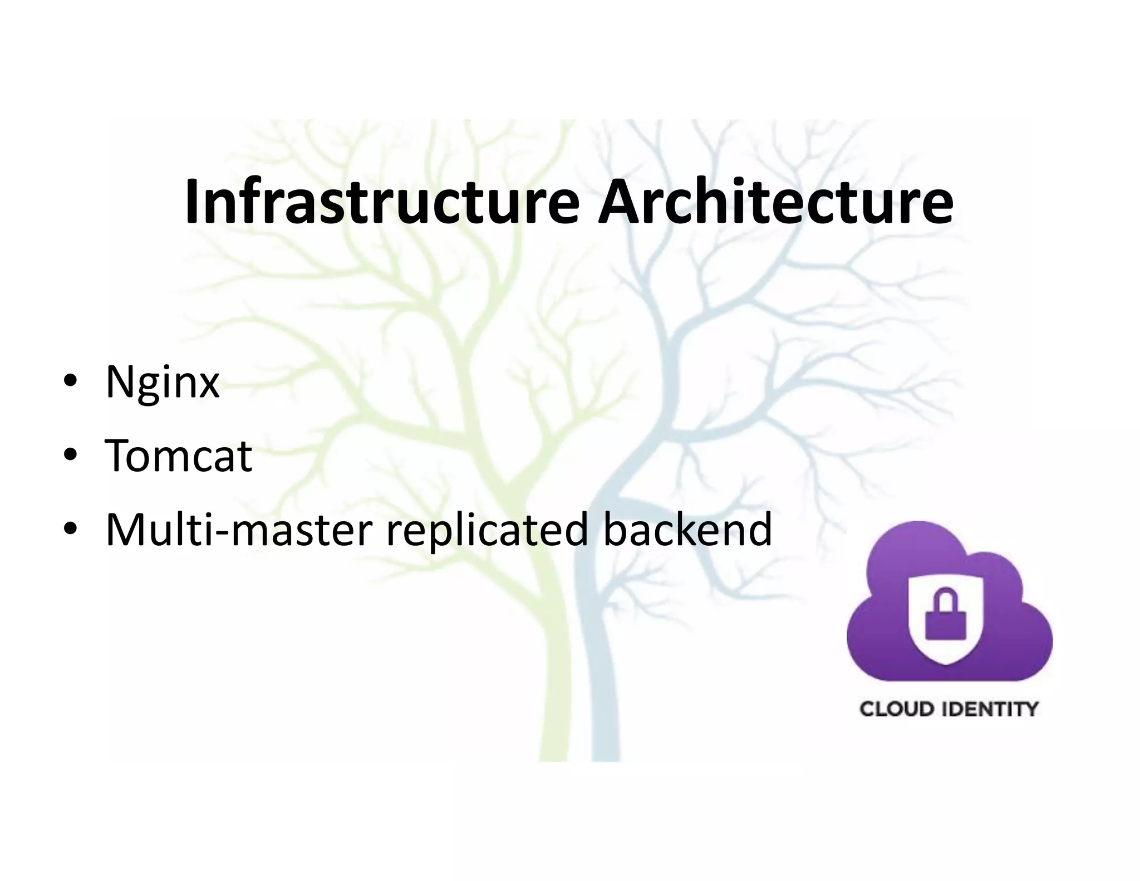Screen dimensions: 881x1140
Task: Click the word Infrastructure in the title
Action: tap(382, 202)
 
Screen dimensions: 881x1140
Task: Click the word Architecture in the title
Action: tap(775, 202)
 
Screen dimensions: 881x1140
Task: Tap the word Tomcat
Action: tap(179, 456)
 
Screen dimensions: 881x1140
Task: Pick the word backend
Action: tap(687, 530)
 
